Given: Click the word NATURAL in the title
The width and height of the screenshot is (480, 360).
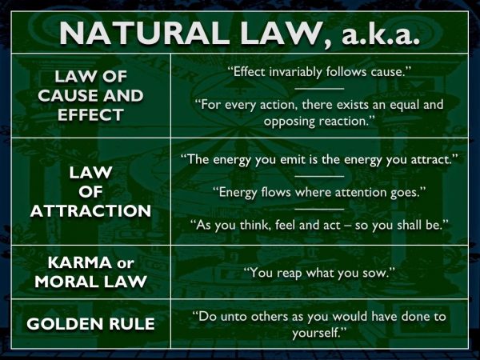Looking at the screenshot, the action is pos(144,34).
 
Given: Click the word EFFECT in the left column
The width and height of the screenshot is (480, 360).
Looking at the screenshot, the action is pos(90,115).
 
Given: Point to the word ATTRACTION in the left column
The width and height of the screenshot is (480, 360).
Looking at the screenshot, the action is pos(90,211).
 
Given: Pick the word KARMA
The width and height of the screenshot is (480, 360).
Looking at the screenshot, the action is pos(80,262).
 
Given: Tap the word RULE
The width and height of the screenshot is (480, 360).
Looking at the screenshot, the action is pos(132,324).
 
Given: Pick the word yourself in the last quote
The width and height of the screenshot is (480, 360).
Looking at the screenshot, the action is pos(316,333).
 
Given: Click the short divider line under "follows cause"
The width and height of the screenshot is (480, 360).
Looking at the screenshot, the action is pos(319,89).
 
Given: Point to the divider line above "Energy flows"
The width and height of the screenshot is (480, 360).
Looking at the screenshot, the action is pos(319,176).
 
